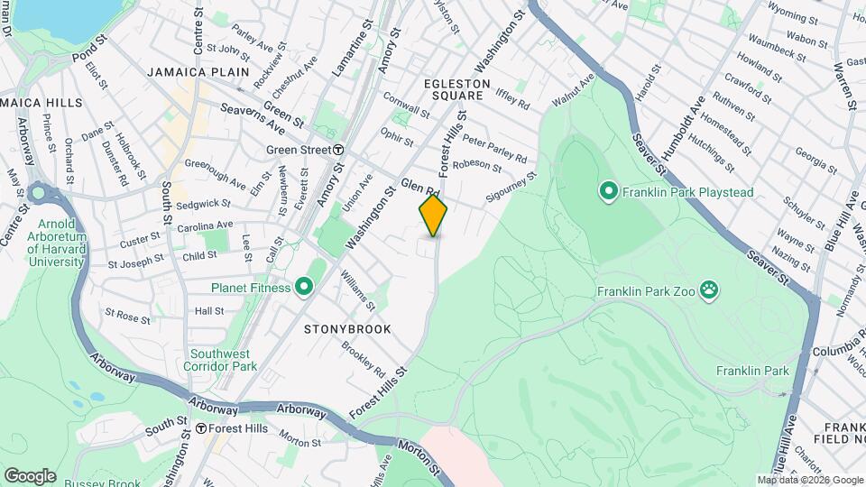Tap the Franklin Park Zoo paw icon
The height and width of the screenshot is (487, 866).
pos(712,290)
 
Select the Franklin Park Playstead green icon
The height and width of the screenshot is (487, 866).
pos(608,191)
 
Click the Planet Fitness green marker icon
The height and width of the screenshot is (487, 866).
pos(304,288)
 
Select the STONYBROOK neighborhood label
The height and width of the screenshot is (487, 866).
pos(347,329)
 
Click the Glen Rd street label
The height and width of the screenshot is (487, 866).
pos(420,187)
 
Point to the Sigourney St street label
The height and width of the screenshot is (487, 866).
pos(511,186)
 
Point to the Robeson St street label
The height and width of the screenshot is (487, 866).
pos(476,164)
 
